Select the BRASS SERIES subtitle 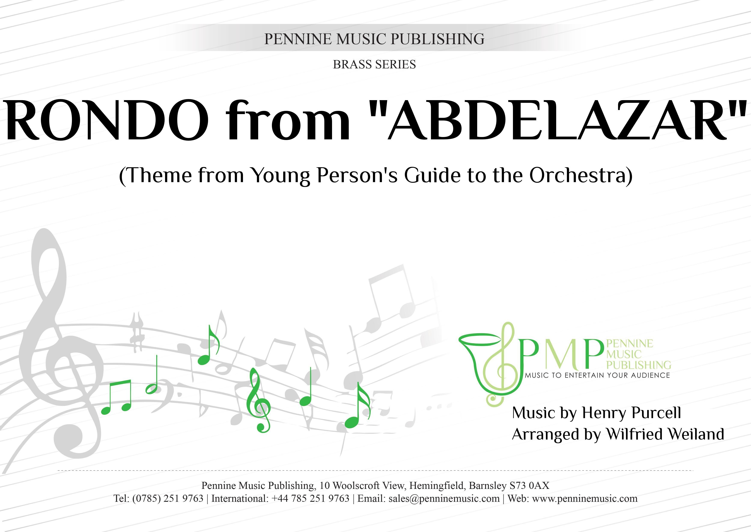(374, 65)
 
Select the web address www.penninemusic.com (585, 499)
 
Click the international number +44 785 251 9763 (310, 499)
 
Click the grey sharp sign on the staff (137, 332)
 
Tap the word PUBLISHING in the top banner (438, 39)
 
